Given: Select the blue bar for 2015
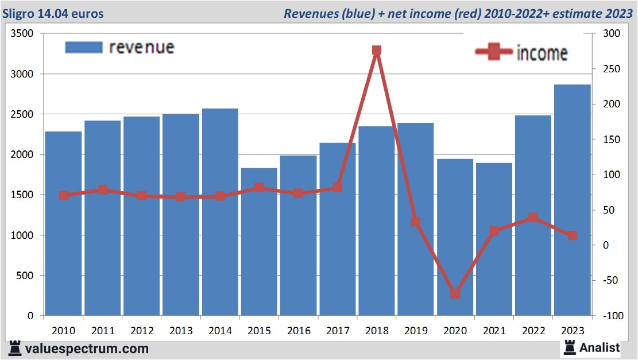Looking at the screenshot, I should point(259,242).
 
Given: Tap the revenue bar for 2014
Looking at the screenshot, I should point(220,212).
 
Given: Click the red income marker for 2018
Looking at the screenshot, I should point(377,51).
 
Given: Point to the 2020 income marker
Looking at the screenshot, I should point(455,294).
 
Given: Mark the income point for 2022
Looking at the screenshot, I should point(533,218).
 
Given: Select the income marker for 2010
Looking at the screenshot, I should point(64,195).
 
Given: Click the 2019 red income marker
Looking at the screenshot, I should point(416,222).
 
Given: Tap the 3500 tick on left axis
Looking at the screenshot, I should point(24,34).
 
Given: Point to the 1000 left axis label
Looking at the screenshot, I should point(24,235).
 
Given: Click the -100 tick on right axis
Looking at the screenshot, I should point(610,316).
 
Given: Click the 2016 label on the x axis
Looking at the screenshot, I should point(299,331).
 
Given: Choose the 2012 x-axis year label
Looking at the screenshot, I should point(142,331).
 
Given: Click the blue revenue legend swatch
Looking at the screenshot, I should point(83,47).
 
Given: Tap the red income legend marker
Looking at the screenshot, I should point(493,52).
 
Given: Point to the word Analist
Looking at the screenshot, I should point(600,347).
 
